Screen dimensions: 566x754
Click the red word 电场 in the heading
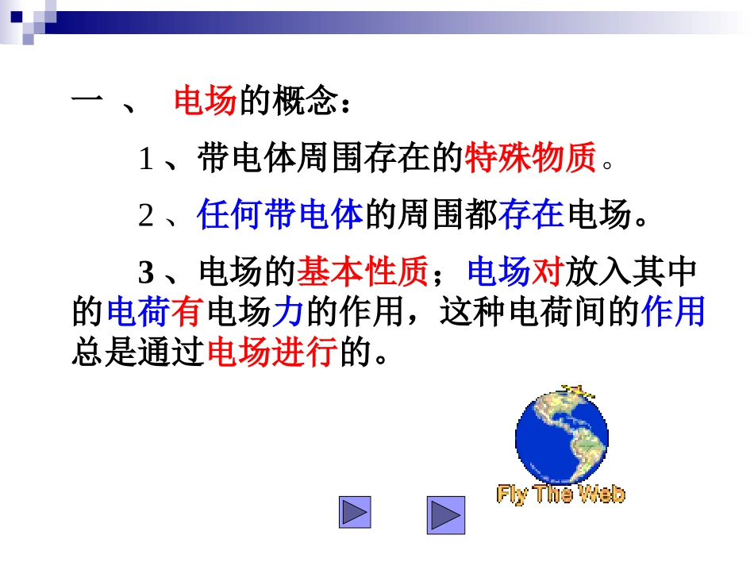pos(205,102)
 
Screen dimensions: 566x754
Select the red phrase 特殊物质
pos(529,159)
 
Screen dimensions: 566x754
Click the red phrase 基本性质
pos(363,273)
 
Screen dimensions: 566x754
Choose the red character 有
pos(187,313)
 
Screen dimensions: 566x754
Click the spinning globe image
pos(562,436)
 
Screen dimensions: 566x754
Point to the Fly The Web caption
pos(561,495)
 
